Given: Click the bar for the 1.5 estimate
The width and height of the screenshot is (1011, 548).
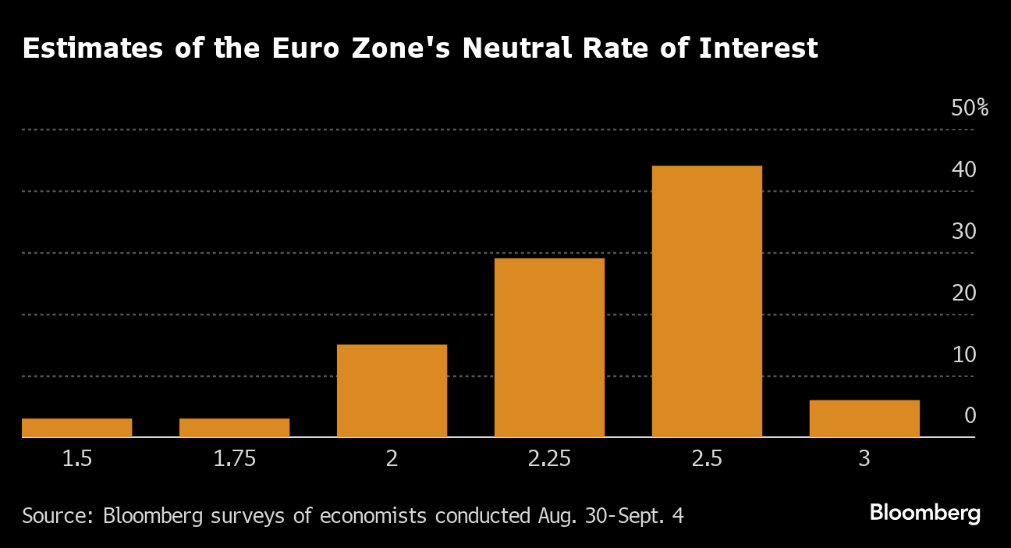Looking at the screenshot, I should [76, 428].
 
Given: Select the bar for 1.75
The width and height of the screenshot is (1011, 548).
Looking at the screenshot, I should [234, 428].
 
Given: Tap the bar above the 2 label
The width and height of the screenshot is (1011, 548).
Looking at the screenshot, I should [392, 390].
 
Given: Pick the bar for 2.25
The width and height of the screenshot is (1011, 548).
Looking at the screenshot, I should [549, 347].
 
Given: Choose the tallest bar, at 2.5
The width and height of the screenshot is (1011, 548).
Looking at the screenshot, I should [707, 301].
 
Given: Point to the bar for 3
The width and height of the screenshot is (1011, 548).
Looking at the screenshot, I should [864, 418].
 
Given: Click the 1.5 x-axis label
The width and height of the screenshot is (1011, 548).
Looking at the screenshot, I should [76, 459].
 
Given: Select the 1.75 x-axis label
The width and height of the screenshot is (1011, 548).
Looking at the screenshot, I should [234, 459].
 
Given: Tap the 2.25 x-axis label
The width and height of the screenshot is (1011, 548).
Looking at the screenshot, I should [549, 459].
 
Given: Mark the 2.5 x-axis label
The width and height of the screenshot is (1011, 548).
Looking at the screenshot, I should [707, 459].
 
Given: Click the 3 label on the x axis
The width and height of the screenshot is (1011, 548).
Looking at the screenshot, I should [864, 459].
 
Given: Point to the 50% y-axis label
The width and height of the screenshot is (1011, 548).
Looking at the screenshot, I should [969, 109].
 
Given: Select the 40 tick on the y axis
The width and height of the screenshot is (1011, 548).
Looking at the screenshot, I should [963, 170].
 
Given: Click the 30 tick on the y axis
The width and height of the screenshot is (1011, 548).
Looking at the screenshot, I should [963, 232].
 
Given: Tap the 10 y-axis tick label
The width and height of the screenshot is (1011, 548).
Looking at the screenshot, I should [963, 355].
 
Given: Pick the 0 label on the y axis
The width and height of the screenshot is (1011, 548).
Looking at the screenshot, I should [970, 416].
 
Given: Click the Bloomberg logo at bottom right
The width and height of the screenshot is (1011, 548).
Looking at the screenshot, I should [924, 514].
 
